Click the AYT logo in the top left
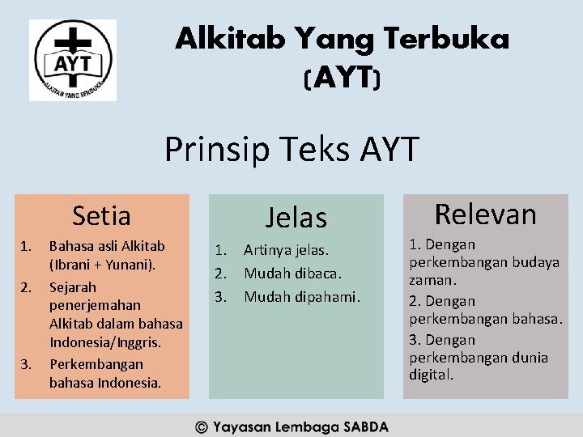point(73,61)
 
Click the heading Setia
point(101,216)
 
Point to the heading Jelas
point(296,218)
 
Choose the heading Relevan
point(486,214)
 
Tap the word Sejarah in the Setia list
point(73,287)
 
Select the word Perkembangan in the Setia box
point(96,364)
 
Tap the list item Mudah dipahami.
point(301,296)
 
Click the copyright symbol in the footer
point(202,426)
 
